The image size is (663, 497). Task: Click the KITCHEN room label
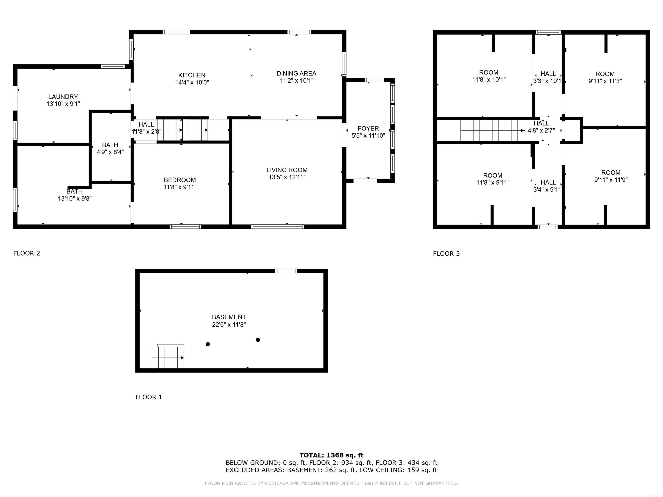[192, 75]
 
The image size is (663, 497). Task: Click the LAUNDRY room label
[63, 97]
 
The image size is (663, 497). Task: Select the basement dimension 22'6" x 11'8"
[229, 325]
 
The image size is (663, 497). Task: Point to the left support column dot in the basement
[208, 344]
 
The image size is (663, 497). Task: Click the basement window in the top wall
[286, 271]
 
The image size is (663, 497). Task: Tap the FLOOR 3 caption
[446, 254]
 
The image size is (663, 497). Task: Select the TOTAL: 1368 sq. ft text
[331, 455]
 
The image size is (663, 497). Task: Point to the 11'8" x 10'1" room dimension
[489, 80]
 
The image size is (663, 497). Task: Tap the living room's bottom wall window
[278, 226]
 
